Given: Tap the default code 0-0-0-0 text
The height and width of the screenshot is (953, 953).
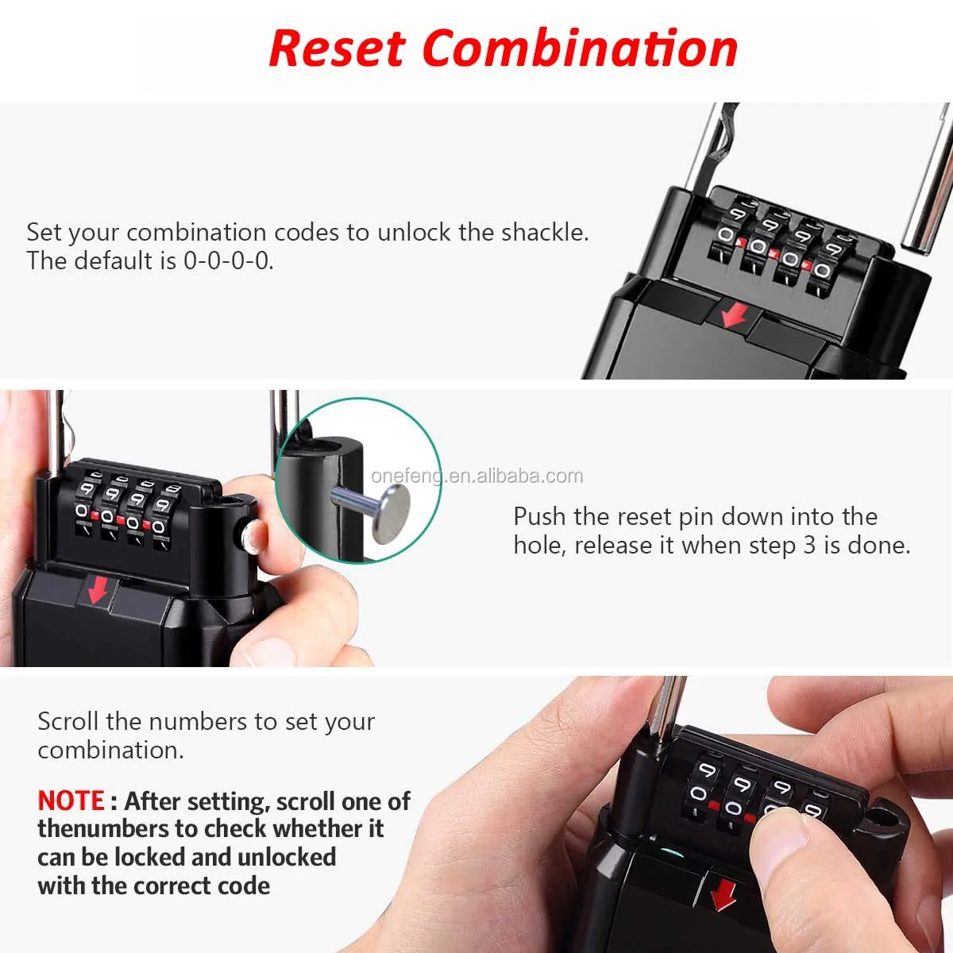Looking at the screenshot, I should pos(228,260).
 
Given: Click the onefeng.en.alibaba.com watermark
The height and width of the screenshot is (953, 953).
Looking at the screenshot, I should pos(476,476).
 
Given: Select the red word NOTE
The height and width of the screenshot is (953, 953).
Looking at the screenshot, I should pos(71,801).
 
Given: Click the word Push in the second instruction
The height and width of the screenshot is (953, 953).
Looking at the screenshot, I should pos(540,516).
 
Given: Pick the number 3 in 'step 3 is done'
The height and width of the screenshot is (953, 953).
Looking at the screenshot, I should pos(808,545).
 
